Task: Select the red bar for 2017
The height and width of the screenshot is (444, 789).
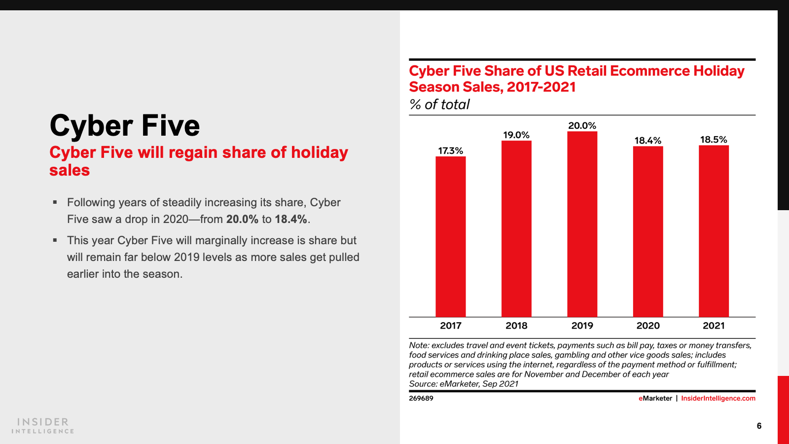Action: coord(450,237)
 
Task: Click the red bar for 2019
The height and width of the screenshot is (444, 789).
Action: coord(582,224)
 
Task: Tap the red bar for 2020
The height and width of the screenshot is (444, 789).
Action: coord(648,232)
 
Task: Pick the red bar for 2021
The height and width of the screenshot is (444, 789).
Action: coord(714,231)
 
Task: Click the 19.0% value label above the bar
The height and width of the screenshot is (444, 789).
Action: coord(516,135)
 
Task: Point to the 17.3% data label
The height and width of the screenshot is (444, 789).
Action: coord(451,151)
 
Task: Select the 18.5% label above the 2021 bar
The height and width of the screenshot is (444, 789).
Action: coord(714,140)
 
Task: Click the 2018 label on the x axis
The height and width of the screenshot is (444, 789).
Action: coord(516,326)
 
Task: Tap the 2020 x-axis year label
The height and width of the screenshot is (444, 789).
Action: coord(648,326)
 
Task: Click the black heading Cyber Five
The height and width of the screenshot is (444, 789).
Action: coord(125,125)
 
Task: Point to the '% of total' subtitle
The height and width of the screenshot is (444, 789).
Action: coord(439,105)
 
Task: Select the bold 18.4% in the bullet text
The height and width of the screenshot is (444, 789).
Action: coord(291,219)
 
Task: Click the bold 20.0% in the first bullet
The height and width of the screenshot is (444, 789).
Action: coord(242,219)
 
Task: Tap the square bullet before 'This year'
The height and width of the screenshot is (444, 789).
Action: coord(55,240)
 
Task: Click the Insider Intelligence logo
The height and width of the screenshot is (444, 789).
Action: coord(43,425)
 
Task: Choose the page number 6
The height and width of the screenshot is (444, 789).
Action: coord(759,426)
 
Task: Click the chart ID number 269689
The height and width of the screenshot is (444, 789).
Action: coord(421,398)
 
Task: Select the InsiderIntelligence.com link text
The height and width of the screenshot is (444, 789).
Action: coord(718,398)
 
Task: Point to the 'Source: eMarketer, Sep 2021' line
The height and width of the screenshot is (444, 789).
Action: coord(464,384)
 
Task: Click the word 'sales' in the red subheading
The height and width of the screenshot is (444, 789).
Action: coord(70,170)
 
